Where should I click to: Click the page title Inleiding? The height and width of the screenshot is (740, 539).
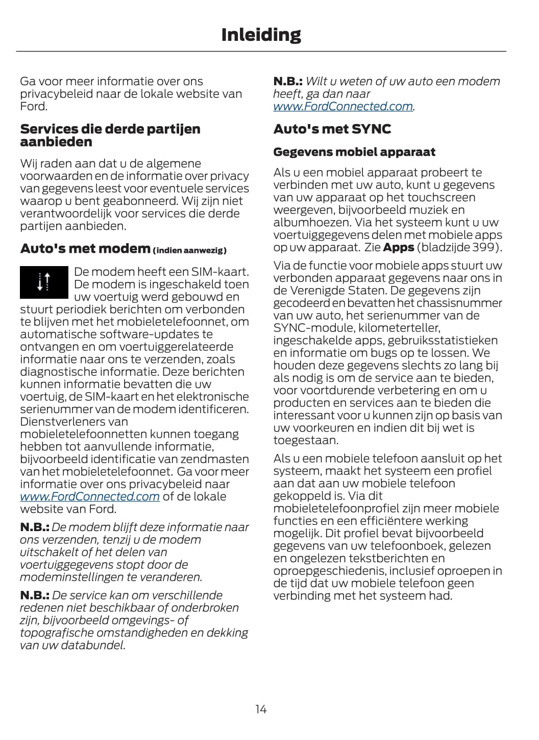coord(261,35)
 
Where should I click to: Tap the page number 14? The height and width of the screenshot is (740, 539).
coord(261,709)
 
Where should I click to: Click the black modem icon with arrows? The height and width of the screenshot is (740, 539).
coord(44,282)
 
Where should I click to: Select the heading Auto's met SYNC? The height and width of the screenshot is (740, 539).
coord(332,129)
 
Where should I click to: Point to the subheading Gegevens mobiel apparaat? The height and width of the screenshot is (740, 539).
coord(354,152)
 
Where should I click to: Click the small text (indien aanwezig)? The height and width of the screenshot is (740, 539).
coord(189,250)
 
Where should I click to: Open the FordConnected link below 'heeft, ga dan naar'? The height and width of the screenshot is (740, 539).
coord(343,106)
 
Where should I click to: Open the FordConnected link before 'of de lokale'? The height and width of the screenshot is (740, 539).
coord(90,496)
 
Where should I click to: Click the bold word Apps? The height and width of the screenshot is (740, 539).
coord(398,247)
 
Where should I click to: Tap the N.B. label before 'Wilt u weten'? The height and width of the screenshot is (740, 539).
coord(288,81)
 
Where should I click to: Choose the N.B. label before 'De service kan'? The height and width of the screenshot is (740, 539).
coord(35,595)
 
